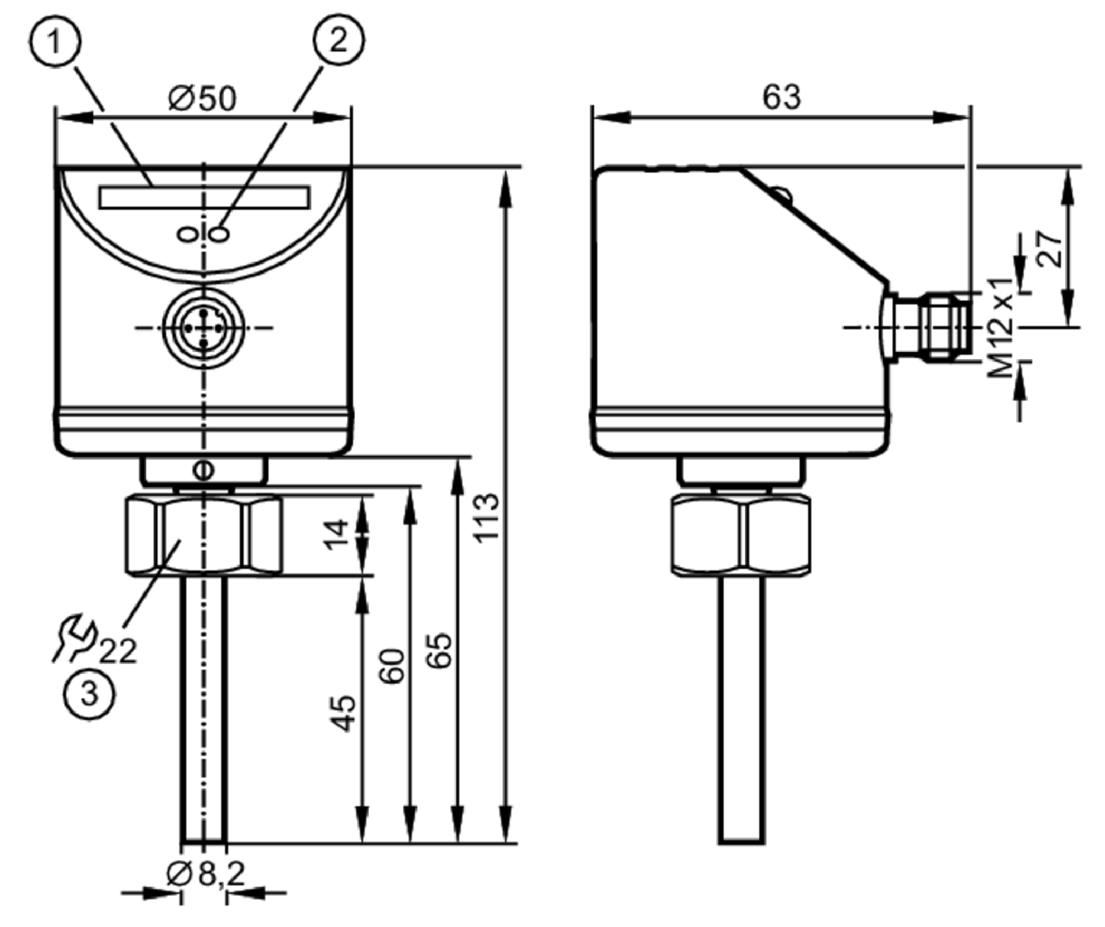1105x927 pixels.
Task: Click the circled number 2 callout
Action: [x=339, y=41]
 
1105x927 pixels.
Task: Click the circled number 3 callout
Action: [x=89, y=694]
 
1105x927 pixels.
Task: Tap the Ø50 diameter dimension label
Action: [x=203, y=98]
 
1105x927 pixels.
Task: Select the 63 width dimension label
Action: [x=782, y=97]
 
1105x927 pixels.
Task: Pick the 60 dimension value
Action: [x=393, y=666]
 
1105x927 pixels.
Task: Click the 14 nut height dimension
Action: [x=337, y=535]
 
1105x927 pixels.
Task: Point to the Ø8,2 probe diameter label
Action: [x=206, y=875]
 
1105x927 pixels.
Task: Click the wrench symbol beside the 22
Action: [x=74, y=637]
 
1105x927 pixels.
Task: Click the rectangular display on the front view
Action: [x=204, y=197]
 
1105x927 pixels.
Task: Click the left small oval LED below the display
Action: [x=187, y=234]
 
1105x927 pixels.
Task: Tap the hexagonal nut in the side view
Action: [x=741, y=535]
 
